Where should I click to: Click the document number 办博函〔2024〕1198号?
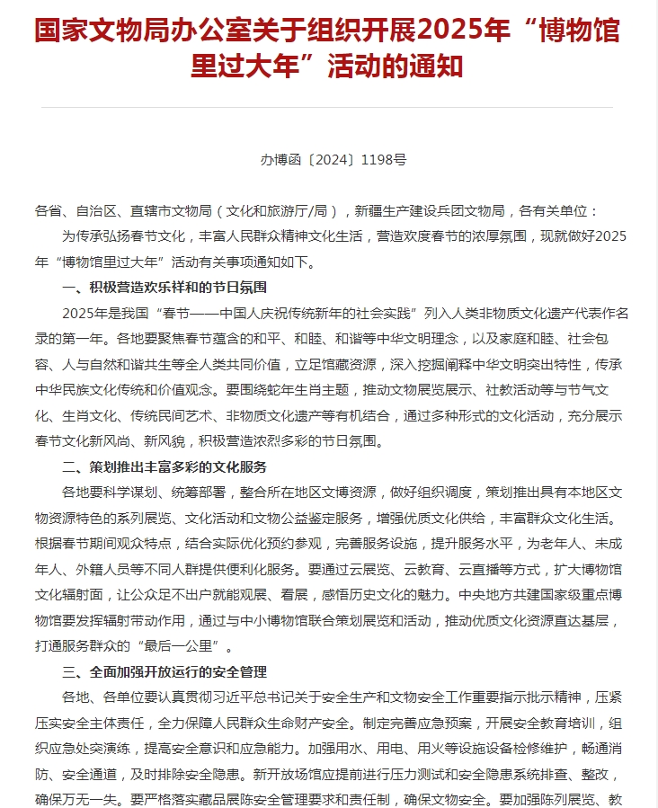(333, 160)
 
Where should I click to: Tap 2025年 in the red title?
(446, 29)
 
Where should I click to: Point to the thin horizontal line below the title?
(329, 108)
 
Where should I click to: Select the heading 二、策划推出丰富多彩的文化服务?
(164, 467)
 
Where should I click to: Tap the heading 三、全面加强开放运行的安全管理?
(164, 672)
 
